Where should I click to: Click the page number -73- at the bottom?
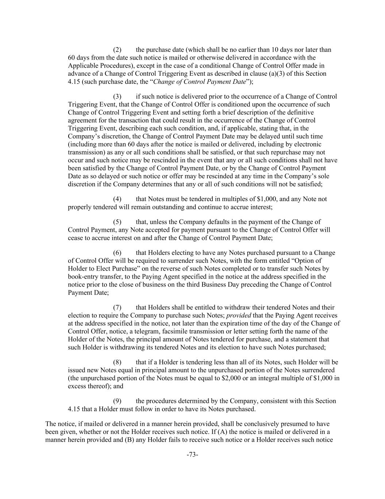(192, 455)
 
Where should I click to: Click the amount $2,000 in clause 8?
(231, 378)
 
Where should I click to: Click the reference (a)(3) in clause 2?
(275, 73)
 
